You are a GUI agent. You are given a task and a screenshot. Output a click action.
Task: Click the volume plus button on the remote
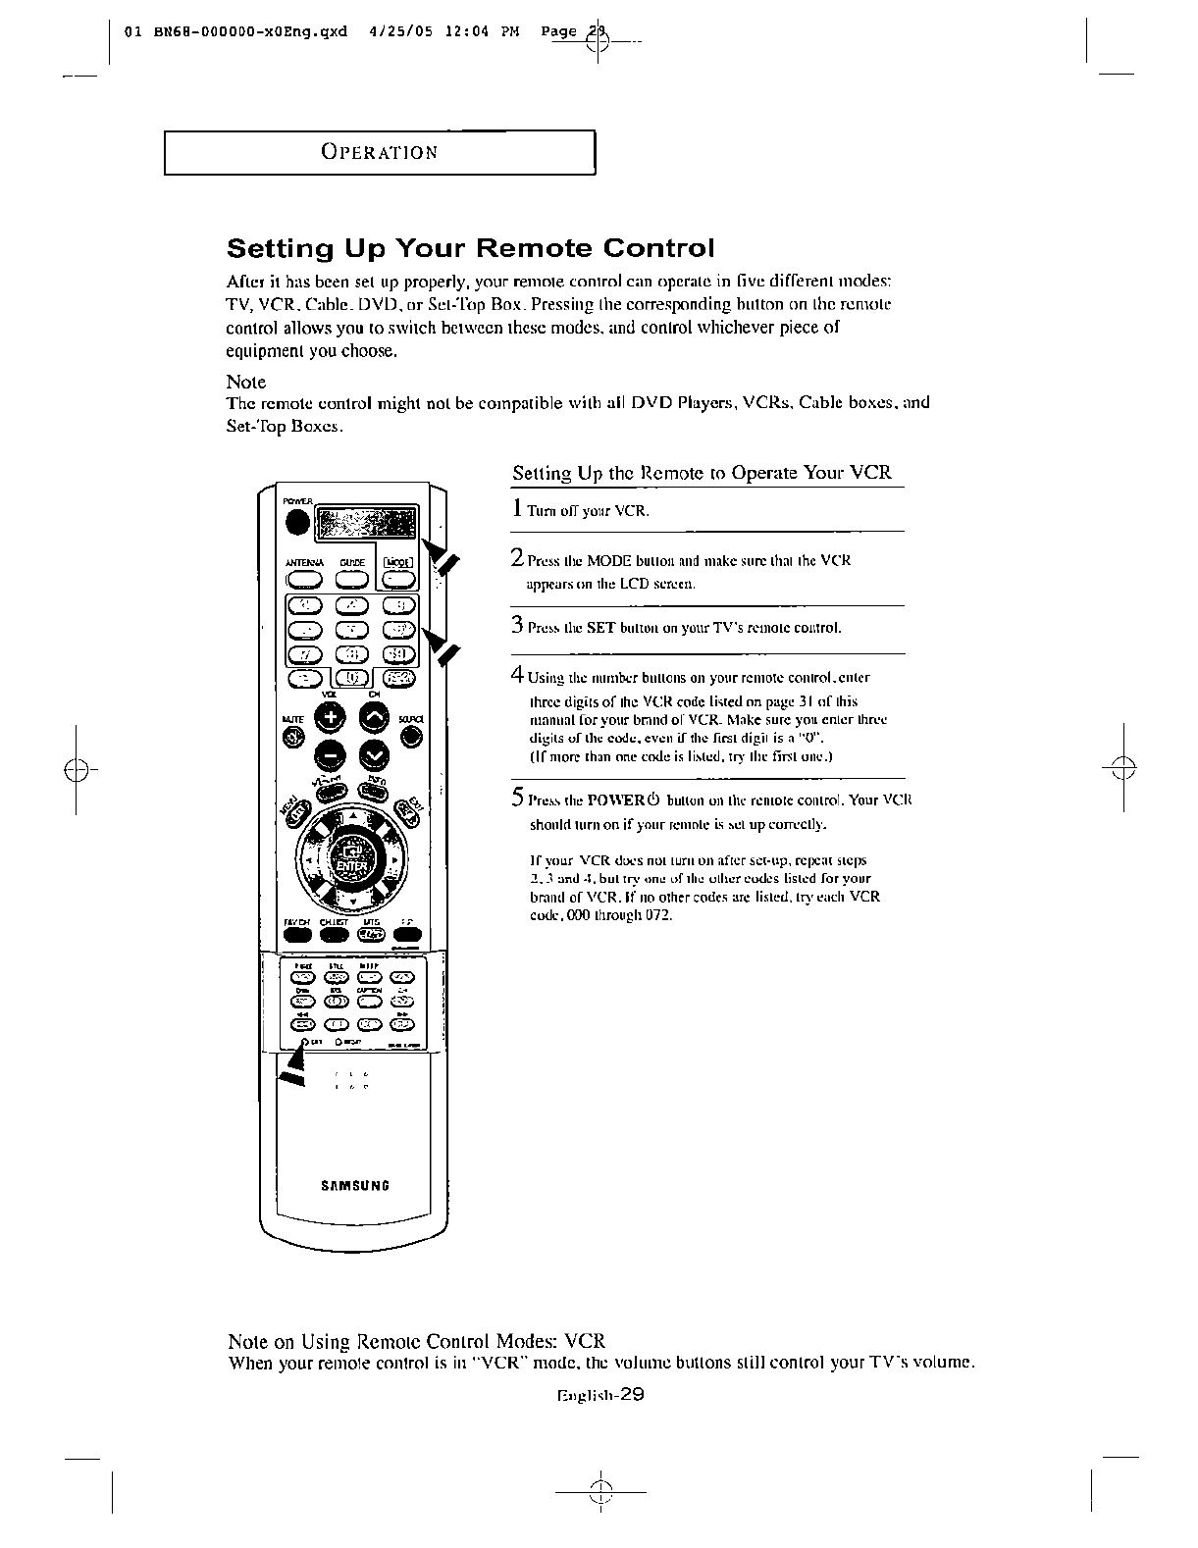329,718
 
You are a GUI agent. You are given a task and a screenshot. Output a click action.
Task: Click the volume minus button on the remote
329,753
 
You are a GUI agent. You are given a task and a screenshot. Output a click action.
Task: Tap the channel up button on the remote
375,718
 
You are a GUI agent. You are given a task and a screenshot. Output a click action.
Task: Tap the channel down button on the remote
375,753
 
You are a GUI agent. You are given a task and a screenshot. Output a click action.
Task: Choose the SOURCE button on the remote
412,739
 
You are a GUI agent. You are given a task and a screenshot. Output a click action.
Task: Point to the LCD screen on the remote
366,523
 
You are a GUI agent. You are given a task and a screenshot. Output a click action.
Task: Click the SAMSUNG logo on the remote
355,1185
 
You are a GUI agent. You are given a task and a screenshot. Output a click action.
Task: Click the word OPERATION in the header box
379,153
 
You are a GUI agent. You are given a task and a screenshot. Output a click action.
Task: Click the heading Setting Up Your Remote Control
471,246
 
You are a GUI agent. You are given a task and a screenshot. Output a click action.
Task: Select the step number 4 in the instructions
517,675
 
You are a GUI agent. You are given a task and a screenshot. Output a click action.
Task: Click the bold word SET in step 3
599,628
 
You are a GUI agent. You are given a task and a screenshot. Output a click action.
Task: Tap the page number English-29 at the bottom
599,1395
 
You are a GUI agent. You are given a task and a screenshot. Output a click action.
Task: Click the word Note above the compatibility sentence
246,382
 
